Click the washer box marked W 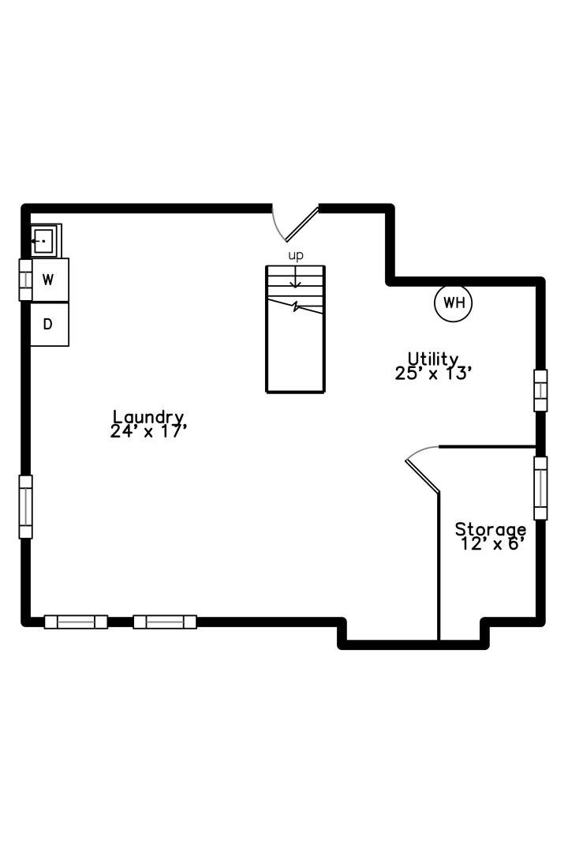(50, 280)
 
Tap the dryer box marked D (50, 325)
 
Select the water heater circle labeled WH (454, 303)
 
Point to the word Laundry (148, 418)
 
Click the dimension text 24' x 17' (148, 432)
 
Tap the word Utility (432, 359)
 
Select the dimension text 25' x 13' (432, 374)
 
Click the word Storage (490, 529)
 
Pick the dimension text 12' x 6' (492, 544)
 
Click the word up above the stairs (296, 256)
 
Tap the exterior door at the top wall (295, 223)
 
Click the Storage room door (423, 469)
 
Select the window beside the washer (25, 280)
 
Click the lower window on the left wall (25, 507)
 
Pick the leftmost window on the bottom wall (76, 622)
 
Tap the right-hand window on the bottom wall (165, 622)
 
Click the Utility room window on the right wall (541, 391)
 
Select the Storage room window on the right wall (541, 488)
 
